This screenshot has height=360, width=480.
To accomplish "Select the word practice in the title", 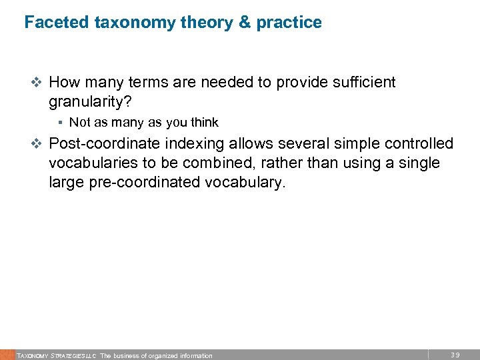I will (289, 23).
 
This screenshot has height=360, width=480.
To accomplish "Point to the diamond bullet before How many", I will (37, 83).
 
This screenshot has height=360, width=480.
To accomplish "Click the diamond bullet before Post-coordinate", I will (37, 144).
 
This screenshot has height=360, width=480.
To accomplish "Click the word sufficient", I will (363, 83).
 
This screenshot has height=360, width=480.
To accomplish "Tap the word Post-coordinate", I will (103, 144).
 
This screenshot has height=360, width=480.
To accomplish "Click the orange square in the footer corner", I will (7, 355).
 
